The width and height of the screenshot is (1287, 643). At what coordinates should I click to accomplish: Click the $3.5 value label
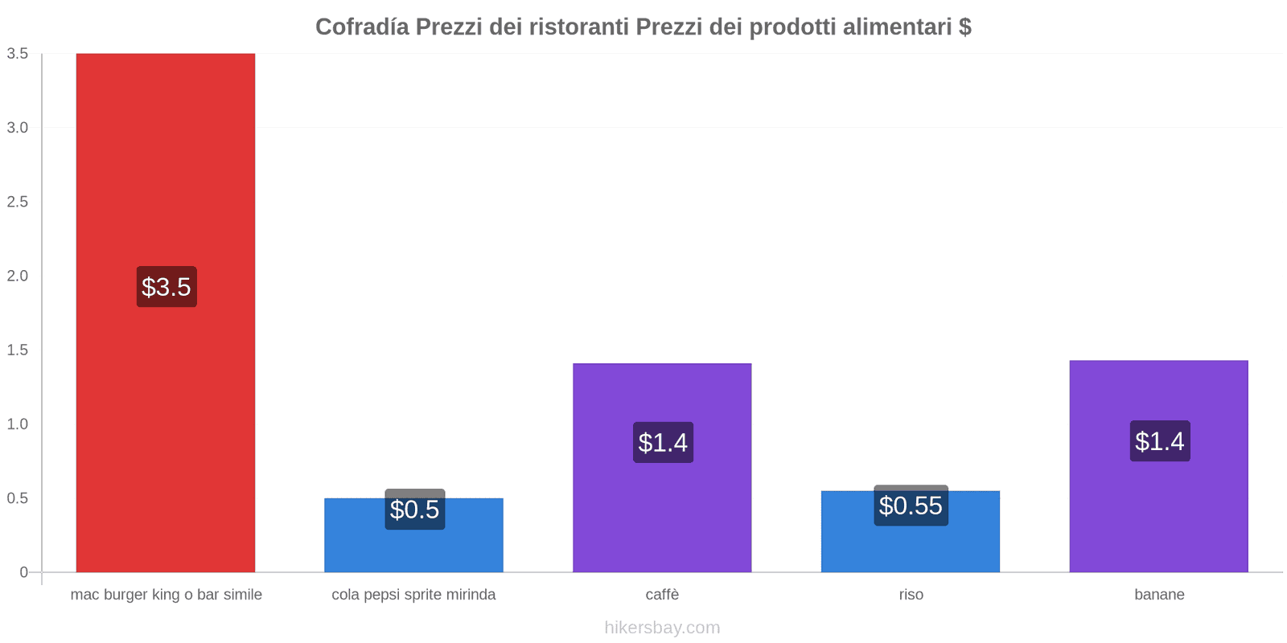click(x=167, y=287)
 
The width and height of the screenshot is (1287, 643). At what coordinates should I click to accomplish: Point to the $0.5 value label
click(x=414, y=510)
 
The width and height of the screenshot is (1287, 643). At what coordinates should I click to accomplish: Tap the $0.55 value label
click(x=911, y=506)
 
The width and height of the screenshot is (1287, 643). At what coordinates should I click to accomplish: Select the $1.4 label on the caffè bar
click(x=663, y=443)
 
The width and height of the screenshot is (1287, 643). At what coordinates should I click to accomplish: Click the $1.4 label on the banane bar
click(x=1159, y=441)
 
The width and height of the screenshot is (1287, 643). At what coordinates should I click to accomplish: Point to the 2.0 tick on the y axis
click(x=18, y=276)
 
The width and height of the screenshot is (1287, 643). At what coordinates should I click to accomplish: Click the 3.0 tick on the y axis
click(x=18, y=128)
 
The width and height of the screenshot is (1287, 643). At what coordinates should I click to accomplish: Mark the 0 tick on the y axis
click(x=23, y=572)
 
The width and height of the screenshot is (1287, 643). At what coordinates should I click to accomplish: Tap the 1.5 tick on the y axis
click(x=18, y=350)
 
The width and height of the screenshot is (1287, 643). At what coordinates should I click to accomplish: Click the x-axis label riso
click(x=911, y=595)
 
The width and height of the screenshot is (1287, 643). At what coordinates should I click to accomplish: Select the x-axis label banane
click(x=1159, y=595)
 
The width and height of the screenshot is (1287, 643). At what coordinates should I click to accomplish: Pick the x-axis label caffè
click(x=662, y=595)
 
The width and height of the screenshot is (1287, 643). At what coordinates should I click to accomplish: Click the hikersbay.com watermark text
click(x=662, y=628)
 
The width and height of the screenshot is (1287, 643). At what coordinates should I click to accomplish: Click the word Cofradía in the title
click(x=362, y=27)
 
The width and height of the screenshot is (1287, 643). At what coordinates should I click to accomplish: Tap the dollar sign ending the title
click(x=964, y=27)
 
